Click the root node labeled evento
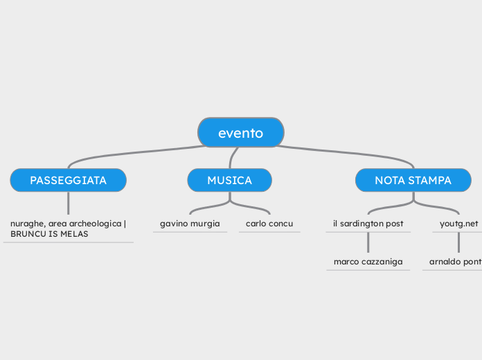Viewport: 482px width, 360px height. pyautogui.click(x=240, y=133)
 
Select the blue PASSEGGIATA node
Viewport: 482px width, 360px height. pyautogui.click(x=68, y=180)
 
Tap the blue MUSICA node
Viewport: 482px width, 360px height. pyautogui.click(x=229, y=180)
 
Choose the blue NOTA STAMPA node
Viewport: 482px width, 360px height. pyautogui.click(x=413, y=180)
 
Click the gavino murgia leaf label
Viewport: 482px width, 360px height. pyautogui.click(x=190, y=224)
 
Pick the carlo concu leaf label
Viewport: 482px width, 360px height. pyautogui.click(x=269, y=224)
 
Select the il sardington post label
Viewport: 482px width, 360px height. pyautogui.click(x=368, y=224)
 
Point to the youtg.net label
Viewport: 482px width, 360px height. pyautogui.click(x=458, y=224)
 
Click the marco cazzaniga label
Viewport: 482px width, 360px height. pyautogui.click(x=368, y=262)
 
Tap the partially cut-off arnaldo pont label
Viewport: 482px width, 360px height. pyautogui.click(x=455, y=262)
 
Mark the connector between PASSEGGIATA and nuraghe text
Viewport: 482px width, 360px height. pyautogui.click(x=68, y=203)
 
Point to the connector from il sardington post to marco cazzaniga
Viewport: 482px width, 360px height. pyautogui.click(x=368, y=242)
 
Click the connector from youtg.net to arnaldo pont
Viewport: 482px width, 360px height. pyautogui.click(x=458, y=242)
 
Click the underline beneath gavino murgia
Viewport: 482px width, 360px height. pyautogui.click(x=190, y=232)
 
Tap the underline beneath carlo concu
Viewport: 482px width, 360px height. pyautogui.click(x=269, y=232)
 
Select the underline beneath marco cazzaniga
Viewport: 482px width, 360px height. pyautogui.click(x=368, y=270)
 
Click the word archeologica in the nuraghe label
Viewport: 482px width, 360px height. pyautogui.click(x=96, y=224)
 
